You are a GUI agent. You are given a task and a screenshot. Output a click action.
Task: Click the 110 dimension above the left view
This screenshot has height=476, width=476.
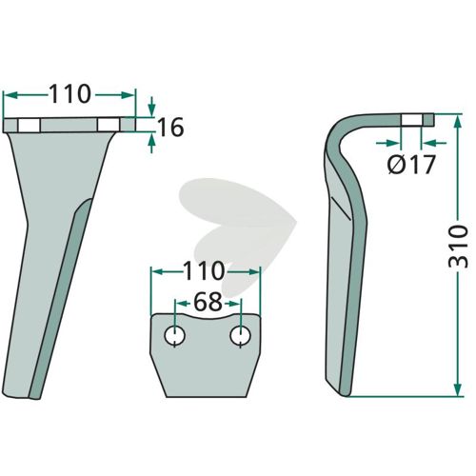point(69,94)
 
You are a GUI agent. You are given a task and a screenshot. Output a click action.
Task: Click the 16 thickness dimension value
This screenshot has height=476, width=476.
point(170,128)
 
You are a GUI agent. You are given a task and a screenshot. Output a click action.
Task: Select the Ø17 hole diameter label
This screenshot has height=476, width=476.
point(411,165)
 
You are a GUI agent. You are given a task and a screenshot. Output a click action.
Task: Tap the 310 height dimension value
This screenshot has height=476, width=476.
point(459,246)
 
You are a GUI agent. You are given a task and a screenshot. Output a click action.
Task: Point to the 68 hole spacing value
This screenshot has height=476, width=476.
point(208,302)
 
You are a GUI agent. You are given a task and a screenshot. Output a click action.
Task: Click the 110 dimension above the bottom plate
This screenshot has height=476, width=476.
point(204,271)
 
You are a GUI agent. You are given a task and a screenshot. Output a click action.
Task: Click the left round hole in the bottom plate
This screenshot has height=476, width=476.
point(174,336)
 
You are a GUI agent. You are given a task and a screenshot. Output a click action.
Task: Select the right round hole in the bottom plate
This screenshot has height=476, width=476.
point(241,336)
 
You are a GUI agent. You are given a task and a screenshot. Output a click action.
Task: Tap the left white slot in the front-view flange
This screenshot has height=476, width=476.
point(29,126)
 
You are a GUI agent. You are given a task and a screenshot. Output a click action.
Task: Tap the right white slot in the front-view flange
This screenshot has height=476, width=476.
point(109,126)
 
